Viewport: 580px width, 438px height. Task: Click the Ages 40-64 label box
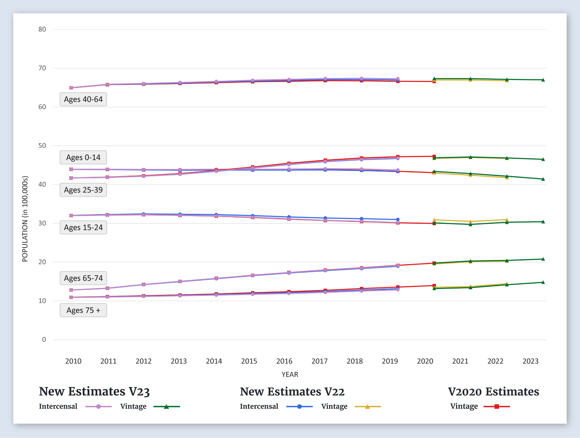coord(83,99)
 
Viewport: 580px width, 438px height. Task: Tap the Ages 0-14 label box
coord(83,157)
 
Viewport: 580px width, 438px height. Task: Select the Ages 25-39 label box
coord(83,190)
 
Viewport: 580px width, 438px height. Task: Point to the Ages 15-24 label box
coord(83,228)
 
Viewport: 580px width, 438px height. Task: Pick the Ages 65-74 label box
coord(83,278)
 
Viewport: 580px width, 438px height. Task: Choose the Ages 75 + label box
coord(83,310)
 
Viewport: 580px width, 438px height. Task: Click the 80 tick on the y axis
coord(42,29)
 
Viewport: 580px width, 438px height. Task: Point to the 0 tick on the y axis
coord(44,340)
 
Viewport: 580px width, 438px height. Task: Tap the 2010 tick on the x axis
coord(73,361)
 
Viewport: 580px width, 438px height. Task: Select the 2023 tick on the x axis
coord(530,361)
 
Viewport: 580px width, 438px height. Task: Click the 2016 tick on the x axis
coord(284,361)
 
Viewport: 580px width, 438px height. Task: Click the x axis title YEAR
coord(290,374)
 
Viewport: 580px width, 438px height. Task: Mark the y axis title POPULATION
coord(25,219)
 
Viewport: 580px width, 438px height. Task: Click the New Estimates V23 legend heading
coord(94,391)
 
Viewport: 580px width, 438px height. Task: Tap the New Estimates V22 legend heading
coord(292,391)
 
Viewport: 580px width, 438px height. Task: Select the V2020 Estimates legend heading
coord(493,391)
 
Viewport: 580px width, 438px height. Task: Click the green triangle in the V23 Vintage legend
coord(166,407)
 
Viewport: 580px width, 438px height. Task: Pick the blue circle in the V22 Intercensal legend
coord(299,407)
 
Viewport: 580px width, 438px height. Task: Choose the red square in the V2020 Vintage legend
coord(497,407)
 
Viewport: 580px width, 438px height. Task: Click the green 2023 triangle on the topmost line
coord(543,80)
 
